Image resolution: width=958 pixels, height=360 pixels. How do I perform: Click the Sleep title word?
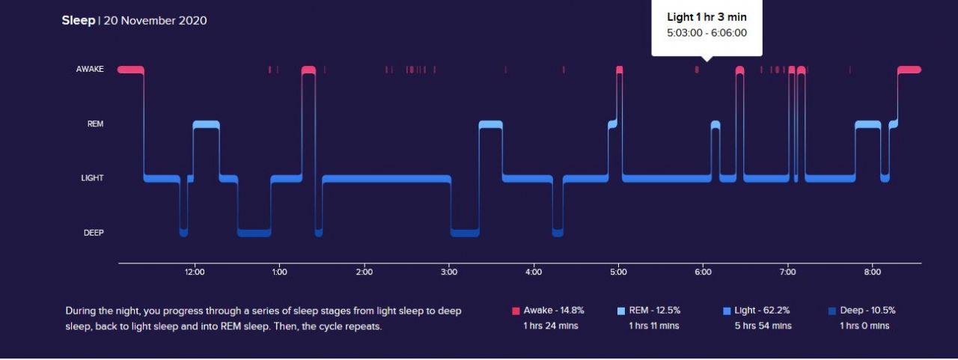pyautogui.click(x=78, y=20)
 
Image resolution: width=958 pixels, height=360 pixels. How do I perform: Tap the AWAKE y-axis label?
pyautogui.click(x=90, y=70)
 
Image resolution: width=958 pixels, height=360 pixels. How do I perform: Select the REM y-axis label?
pyautogui.click(x=95, y=124)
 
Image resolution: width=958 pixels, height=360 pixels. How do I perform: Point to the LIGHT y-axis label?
pyautogui.click(x=92, y=178)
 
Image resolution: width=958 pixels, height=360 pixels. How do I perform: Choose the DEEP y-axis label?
pyautogui.click(x=94, y=233)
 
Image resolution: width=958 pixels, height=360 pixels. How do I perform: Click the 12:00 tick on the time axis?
pyautogui.click(x=195, y=272)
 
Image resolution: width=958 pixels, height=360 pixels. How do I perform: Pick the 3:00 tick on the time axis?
pyautogui.click(x=448, y=272)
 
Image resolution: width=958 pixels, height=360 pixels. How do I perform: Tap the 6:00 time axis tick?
pyautogui.click(x=702, y=272)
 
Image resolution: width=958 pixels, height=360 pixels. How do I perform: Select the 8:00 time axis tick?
pyautogui.click(x=871, y=272)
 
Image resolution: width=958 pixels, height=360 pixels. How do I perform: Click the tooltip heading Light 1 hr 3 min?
pyautogui.click(x=707, y=17)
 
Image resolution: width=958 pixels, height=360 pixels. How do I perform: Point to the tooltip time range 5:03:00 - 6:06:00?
pyautogui.click(x=707, y=33)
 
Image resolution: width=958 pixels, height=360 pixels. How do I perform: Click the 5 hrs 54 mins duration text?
pyautogui.click(x=763, y=326)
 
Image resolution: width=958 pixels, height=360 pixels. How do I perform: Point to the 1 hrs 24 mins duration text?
pyautogui.click(x=551, y=326)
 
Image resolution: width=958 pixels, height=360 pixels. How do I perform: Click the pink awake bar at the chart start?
pyautogui.click(x=130, y=70)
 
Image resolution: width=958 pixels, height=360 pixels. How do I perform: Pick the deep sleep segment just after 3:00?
pyautogui.click(x=464, y=233)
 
